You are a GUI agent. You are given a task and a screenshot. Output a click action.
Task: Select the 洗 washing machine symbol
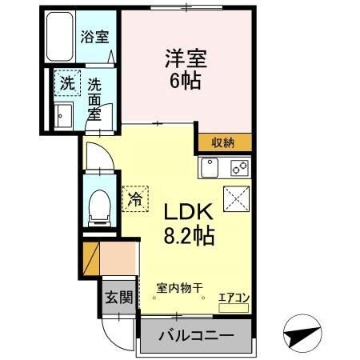tap(66, 82)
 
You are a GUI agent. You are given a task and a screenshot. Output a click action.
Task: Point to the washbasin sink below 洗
tap(62, 114)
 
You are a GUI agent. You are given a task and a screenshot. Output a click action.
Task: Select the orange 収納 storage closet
tap(223, 142)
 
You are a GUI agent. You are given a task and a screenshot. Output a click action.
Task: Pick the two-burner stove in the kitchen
tap(239, 168)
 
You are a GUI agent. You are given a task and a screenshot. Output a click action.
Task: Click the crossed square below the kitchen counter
tap(236, 198)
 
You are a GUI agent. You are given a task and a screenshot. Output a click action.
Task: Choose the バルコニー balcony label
tap(195, 334)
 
